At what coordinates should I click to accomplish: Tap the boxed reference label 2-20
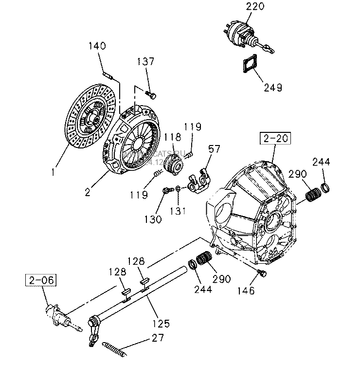click(275, 138)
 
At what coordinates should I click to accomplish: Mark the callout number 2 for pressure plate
click(88, 192)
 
